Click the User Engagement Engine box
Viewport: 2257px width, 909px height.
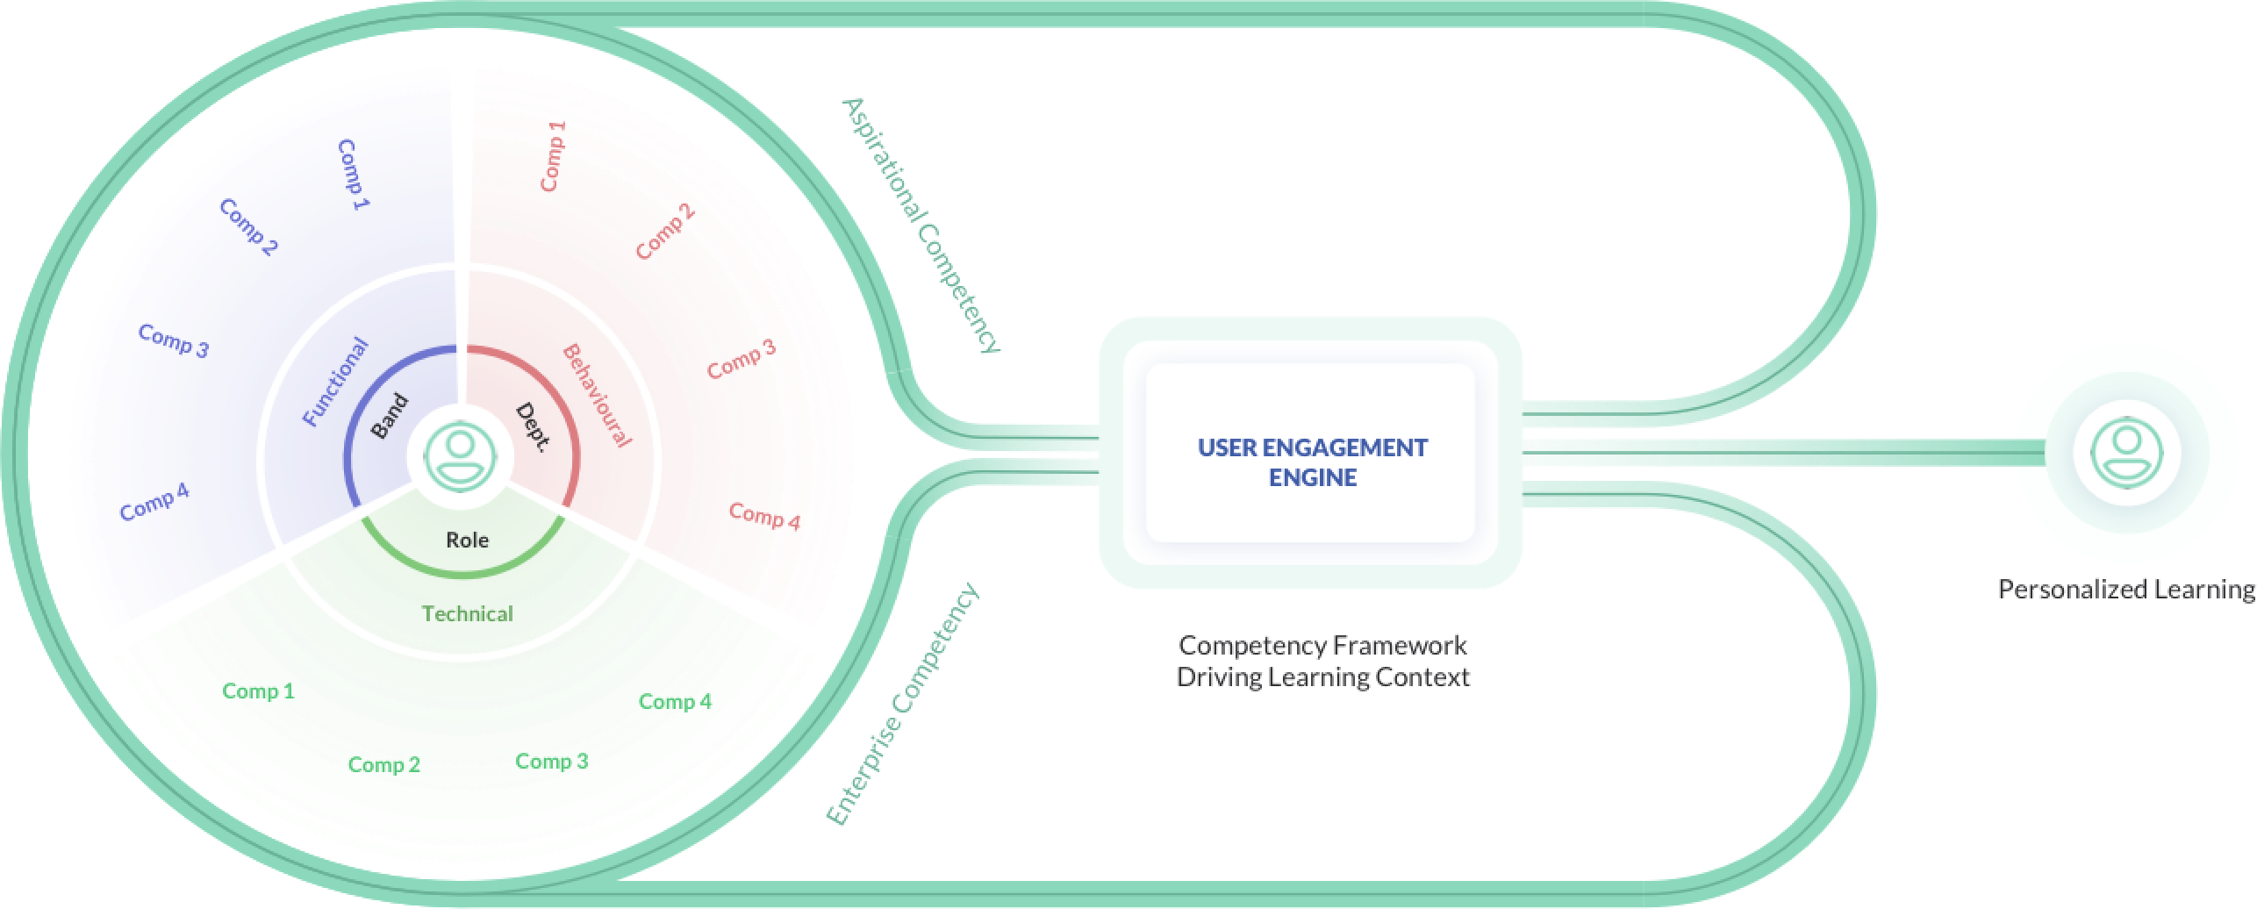(1312, 462)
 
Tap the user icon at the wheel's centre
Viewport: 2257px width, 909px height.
(460, 455)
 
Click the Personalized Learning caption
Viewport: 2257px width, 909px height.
(2125, 589)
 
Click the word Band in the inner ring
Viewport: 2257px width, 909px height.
(390, 416)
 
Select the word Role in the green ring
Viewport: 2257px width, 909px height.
(467, 540)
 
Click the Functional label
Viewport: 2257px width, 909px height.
(335, 382)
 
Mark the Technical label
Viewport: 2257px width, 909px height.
(467, 613)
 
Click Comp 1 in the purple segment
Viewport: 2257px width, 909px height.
(355, 175)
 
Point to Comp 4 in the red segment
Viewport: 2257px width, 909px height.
(764, 517)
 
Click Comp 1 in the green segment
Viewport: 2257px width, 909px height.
(258, 691)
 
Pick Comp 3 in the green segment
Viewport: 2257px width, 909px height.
(551, 761)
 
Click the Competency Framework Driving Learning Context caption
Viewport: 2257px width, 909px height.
(1322, 661)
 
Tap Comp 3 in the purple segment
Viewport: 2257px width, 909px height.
(173, 340)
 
